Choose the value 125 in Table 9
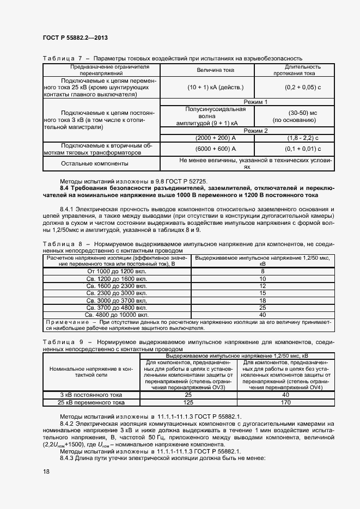(x=188, y=402)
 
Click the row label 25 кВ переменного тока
(x=91, y=402)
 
